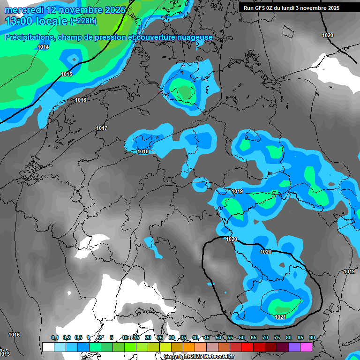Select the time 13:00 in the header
click(19, 21)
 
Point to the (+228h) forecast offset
click(83, 21)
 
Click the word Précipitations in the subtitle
click(29, 37)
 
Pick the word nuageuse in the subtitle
click(197, 37)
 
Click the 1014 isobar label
click(43, 47)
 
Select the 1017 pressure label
click(102, 128)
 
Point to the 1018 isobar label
click(143, 151)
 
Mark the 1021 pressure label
click(280, 317)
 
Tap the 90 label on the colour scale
click(312, 337)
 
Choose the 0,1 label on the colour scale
click(55, 337)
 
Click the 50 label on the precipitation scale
click(218, 337)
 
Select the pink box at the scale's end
click(306, 347)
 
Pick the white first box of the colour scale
click(48, 347)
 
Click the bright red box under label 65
click(247, 347)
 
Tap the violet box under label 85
click(294, 347)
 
